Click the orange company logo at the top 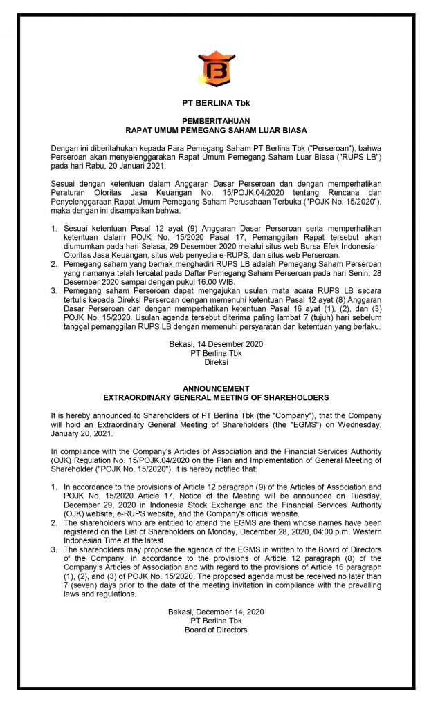215,68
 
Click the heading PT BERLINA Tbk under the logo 216,103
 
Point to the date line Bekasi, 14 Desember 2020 216,344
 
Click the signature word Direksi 216,361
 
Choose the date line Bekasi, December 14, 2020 216,612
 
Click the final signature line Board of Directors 216,630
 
